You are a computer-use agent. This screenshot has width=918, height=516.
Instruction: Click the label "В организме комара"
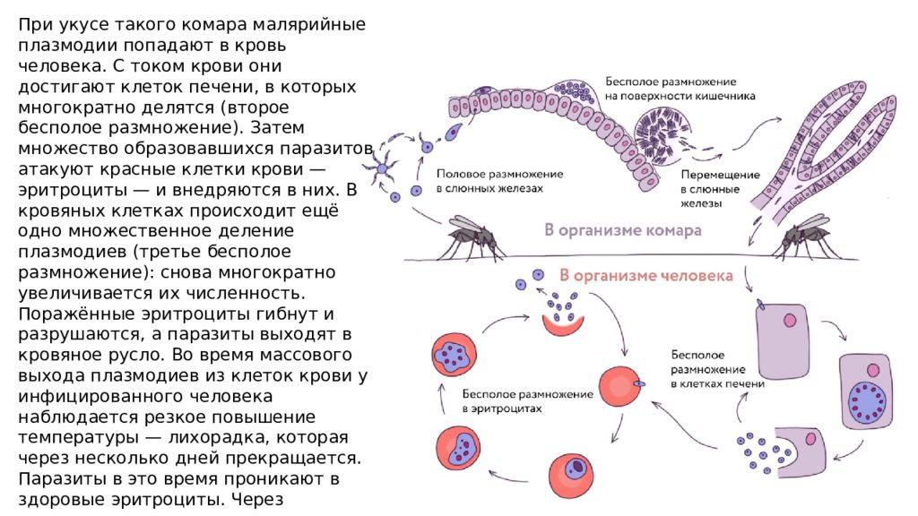(x=622, y=230)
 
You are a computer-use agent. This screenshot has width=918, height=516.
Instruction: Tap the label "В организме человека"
(x=645, y=276)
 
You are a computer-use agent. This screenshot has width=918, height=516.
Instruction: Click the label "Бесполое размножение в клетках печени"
(x=717, y=369)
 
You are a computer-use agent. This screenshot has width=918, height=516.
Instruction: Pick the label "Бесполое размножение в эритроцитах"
(x=527, y=401)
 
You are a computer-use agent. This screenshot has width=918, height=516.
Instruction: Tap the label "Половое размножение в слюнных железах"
(x=499, y=181)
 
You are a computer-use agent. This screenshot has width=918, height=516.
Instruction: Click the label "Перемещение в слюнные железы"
(x=720, y=189)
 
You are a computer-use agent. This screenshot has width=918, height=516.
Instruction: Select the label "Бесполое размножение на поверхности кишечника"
(x=680, y=89)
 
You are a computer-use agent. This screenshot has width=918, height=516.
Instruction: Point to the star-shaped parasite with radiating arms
(x=382, y=168)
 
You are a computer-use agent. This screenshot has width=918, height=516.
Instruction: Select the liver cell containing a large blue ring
(x=867, y=391)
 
